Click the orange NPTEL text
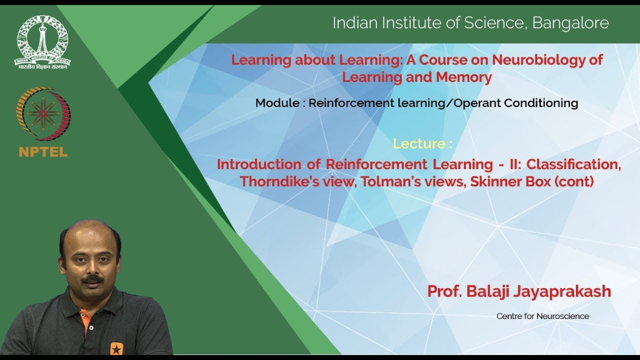tap(43, 152)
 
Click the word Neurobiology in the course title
tap(547, 60)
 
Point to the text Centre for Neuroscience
tap(542, 316)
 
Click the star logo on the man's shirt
tap(116, 348)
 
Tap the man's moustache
tap(93, 280)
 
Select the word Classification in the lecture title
tap(573, 164)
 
